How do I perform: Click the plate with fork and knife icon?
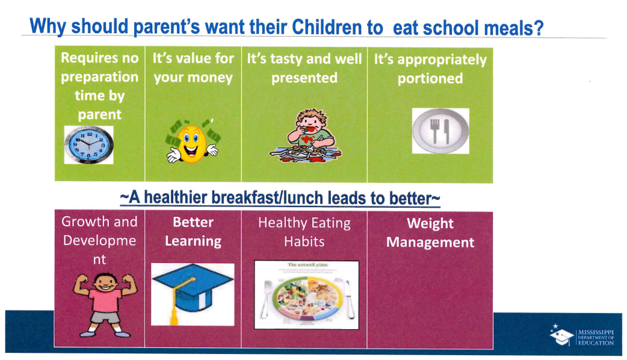tap(440, 131)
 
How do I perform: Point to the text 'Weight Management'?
tap(430, 233)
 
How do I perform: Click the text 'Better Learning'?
tap(193, 232)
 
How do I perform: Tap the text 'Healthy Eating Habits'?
tap(304, 232)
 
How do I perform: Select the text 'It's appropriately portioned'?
tap(430, 69)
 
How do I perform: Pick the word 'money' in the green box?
tap(212, 78)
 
